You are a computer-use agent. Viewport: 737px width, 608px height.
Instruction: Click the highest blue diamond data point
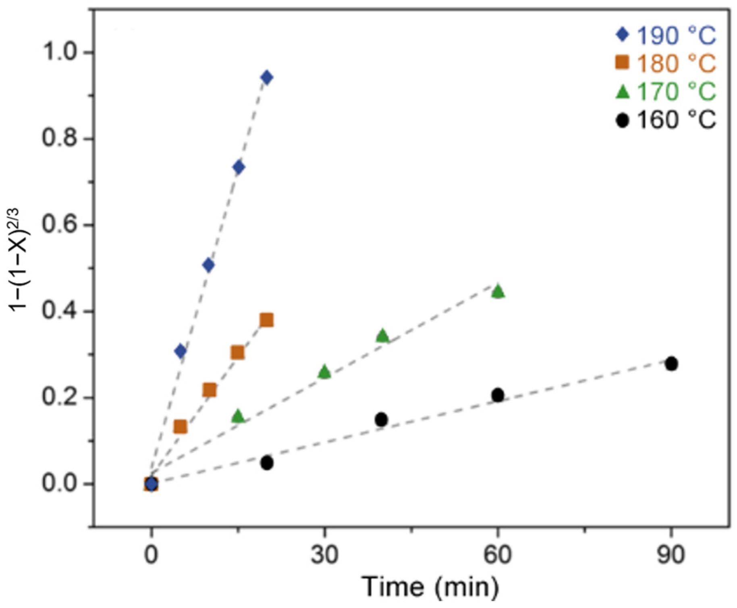(266, 77)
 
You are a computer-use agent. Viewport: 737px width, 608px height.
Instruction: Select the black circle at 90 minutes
(671, 364)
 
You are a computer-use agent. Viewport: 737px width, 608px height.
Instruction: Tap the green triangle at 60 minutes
(498, 291)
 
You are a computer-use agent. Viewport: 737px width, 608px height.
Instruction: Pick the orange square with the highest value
(266, 321)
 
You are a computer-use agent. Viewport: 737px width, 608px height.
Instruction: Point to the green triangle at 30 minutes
(324, 372)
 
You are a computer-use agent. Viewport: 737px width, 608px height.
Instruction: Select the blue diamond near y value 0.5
(208, 265)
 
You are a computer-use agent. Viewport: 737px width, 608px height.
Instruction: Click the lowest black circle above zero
(266, 463)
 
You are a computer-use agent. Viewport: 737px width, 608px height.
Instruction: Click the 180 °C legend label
(676, 64)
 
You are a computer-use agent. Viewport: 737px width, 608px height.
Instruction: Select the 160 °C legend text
(676, 120)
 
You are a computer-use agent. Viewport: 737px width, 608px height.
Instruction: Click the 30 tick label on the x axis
(324, 556)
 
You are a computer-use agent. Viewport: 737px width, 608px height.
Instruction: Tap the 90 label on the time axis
(671, 556)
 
